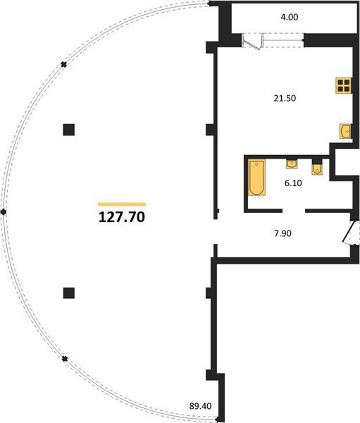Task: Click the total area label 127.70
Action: [122, 217]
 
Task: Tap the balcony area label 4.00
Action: [290, 17]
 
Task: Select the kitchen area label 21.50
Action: [285, 98]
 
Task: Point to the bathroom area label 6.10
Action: [293, 183]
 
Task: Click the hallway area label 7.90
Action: [283, 233]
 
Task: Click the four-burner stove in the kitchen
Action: [344, 85]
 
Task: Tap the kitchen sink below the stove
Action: [345, 131]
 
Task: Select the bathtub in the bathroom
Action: [256, 177]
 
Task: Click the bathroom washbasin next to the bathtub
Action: [292, 164]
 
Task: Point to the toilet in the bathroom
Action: [317, 169]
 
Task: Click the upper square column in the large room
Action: [69, 130]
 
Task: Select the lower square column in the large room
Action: [69, 293]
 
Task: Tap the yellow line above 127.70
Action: [122, 204]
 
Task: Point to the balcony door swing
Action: [253, 42]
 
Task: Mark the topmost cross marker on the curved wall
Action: [63, 64]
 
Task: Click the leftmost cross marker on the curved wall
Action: [4, 212]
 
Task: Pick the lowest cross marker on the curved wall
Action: [64, 359]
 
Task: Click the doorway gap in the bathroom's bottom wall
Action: [294, 211]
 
